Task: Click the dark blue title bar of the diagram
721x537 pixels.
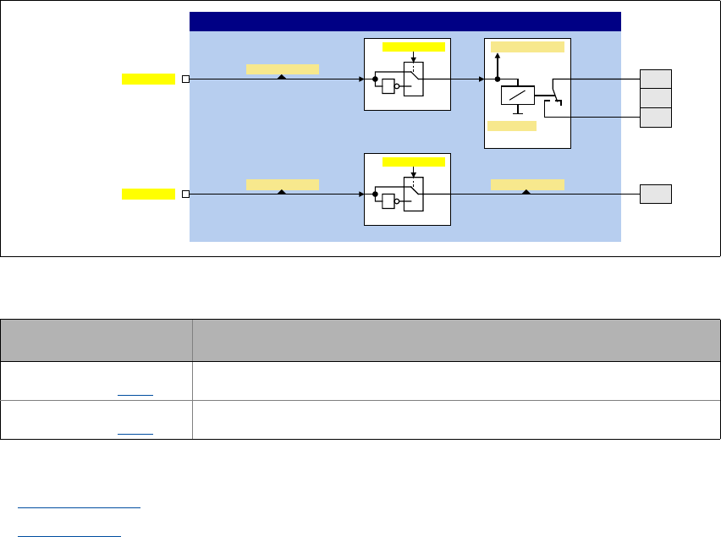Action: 405,22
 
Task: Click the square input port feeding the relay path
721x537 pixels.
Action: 185,79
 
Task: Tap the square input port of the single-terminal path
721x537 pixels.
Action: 185,195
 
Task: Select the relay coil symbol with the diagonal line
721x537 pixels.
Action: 518,96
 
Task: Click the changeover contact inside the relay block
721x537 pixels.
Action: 555,93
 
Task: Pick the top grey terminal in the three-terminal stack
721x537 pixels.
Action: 656,79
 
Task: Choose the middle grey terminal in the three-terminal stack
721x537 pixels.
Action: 656,98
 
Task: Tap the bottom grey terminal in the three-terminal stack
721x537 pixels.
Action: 656,118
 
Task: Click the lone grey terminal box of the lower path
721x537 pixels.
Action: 656,195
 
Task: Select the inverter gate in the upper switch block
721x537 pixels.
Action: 389,86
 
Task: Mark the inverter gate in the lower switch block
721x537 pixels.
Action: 389,201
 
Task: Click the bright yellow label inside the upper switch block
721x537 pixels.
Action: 413,47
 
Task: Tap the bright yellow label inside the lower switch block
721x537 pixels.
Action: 413,162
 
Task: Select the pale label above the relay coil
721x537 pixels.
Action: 527,47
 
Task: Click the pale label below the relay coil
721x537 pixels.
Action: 512,126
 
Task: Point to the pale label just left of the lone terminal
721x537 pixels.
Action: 527,184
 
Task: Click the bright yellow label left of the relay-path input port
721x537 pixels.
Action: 148,79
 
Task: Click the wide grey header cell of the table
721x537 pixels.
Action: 449,339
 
